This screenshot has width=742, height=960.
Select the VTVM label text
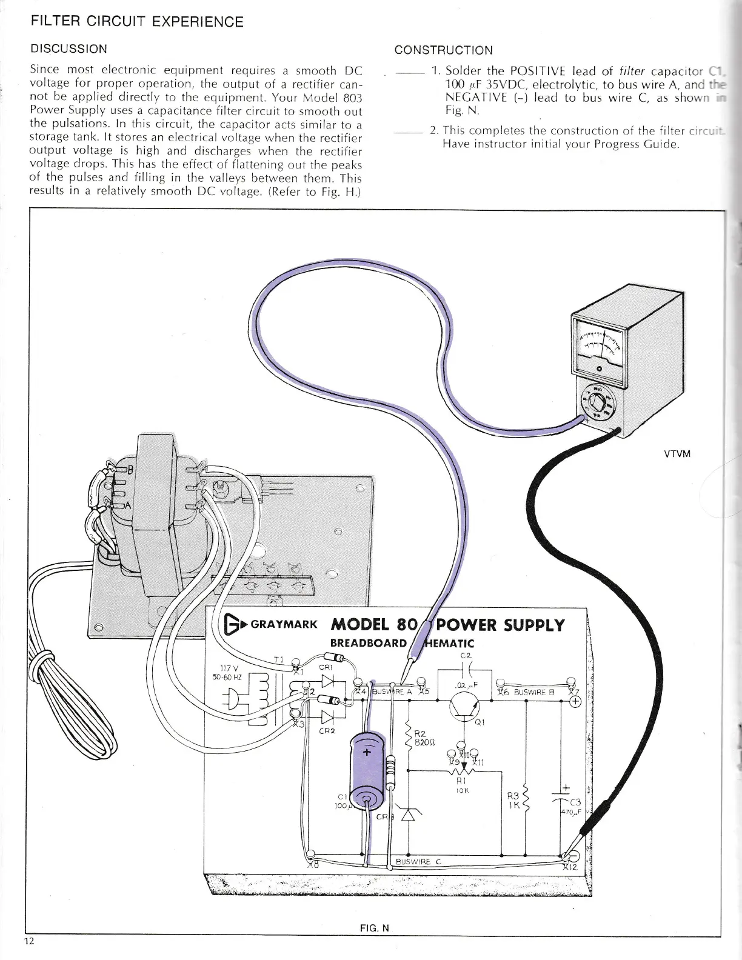(677, 454)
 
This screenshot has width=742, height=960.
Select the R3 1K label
(513, 801)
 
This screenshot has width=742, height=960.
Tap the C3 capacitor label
(574, 802)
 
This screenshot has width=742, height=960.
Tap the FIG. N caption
(374, 928)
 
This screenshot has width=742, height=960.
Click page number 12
(30, 941)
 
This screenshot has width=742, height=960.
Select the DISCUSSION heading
(69, 49)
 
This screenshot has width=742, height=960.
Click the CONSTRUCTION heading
(443, 50)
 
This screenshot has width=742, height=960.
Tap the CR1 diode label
(325, 668)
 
